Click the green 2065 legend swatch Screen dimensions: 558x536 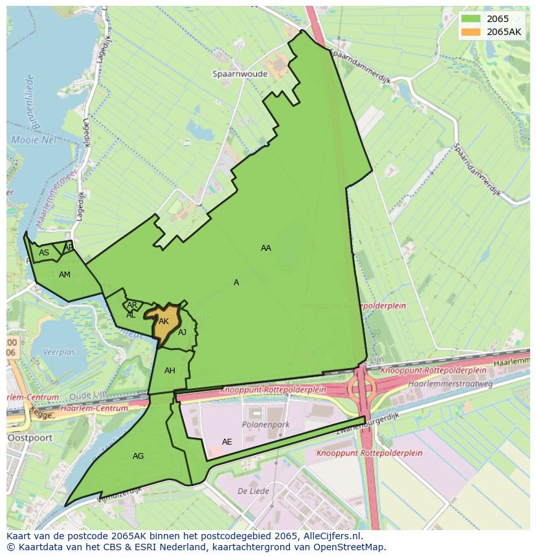[471, 19]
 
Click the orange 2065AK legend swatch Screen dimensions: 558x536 [471, 32]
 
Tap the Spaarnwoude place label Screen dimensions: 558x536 [240, 74]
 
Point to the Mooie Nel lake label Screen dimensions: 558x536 [34, 140]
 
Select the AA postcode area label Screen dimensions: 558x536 [266, 248]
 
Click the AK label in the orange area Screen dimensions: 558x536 [164, 321]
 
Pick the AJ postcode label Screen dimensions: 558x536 [183, 332]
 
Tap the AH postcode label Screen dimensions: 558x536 [170, 371]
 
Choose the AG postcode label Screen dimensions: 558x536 [138, 456]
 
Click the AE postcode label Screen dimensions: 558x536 [227, 442]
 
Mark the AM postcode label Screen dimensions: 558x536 [64, 275]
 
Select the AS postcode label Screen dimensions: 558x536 [44, 253]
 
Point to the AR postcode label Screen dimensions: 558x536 [132, 305]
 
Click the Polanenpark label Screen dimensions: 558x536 [265, 425]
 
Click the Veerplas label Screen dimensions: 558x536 [59, 353]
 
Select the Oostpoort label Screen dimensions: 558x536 [25, 438]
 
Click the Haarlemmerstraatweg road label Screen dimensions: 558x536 [450, 384]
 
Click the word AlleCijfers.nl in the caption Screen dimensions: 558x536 [333, 536]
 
